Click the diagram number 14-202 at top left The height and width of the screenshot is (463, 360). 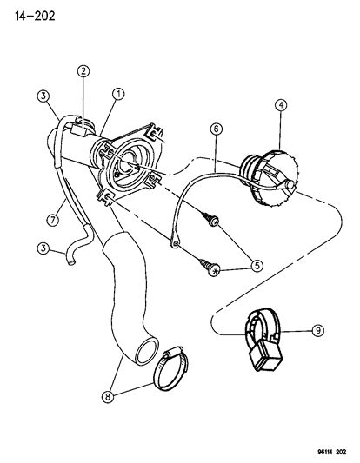pyautogui.click(x=35, y=16)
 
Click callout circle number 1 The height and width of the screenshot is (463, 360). pyautogui.click(x=118, y=94)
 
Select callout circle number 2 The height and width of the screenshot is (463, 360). pyautogui.click(x=83, y=71)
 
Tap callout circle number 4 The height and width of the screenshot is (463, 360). pyautogui.click(x=281, y=105)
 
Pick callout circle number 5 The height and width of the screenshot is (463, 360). pyautogui.click(x=257, y=266)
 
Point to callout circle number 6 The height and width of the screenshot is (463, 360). pyautogui.click(x=216, y=129)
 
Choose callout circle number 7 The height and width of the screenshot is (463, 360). pyautogui.click(x=53, y=221)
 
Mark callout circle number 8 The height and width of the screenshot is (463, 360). pyautogui.click(x=108, y=397)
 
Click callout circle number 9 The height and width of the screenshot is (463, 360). pyautogui.click(x=318, y=330)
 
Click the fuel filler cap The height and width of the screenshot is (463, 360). pyautogui.click(x=268, y=178)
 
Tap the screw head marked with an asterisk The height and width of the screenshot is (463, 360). pyautogui.click(x=215, y=270)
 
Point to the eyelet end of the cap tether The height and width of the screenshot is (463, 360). pyautogui.click(x=175, y=242)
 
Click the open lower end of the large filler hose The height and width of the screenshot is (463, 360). pyautogui.click(x=147, y=352)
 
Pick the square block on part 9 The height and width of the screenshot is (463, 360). pyautogui.click(x=265, y=355)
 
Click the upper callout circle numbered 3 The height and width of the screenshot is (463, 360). pyautogui.click(x=43, y=96)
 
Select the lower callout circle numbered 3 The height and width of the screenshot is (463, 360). pyautogui.click(x=43, y=248)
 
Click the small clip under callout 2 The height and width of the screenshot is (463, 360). pyautogui.click(x=79, y=130)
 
